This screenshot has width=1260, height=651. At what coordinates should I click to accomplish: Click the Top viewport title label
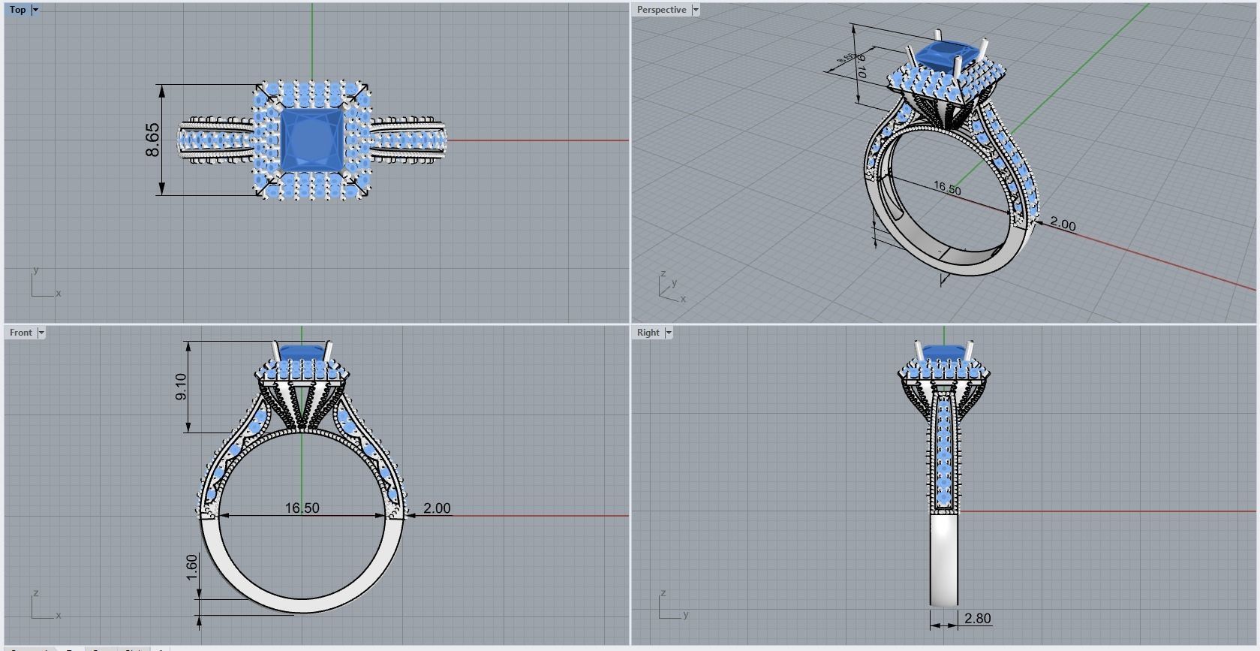point(17,10)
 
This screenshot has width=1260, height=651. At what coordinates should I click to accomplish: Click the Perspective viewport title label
point(660,10)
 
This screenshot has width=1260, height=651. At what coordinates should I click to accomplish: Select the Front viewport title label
point(20,333)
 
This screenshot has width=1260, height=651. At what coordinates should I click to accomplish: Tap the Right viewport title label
point(648,333)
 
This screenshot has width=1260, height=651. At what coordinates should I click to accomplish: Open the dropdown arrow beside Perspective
point(696,10)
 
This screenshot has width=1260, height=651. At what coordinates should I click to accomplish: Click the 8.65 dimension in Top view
point(152,140)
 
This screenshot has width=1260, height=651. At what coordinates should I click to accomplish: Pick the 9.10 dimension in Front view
point(181,387)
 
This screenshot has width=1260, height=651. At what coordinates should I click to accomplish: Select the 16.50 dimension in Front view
point(302,508)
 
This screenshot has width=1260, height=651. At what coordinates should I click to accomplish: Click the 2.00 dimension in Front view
point(437,508)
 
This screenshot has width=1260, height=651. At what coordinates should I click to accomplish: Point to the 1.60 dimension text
point(192,567)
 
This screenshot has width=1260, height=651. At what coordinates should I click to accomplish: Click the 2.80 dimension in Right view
point(977,619)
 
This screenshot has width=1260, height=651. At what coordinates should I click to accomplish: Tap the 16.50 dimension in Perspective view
point(947,188)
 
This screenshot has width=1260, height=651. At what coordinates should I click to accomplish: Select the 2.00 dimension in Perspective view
point(1063,225)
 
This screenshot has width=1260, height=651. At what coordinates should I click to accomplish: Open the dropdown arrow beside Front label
point(41,333)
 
